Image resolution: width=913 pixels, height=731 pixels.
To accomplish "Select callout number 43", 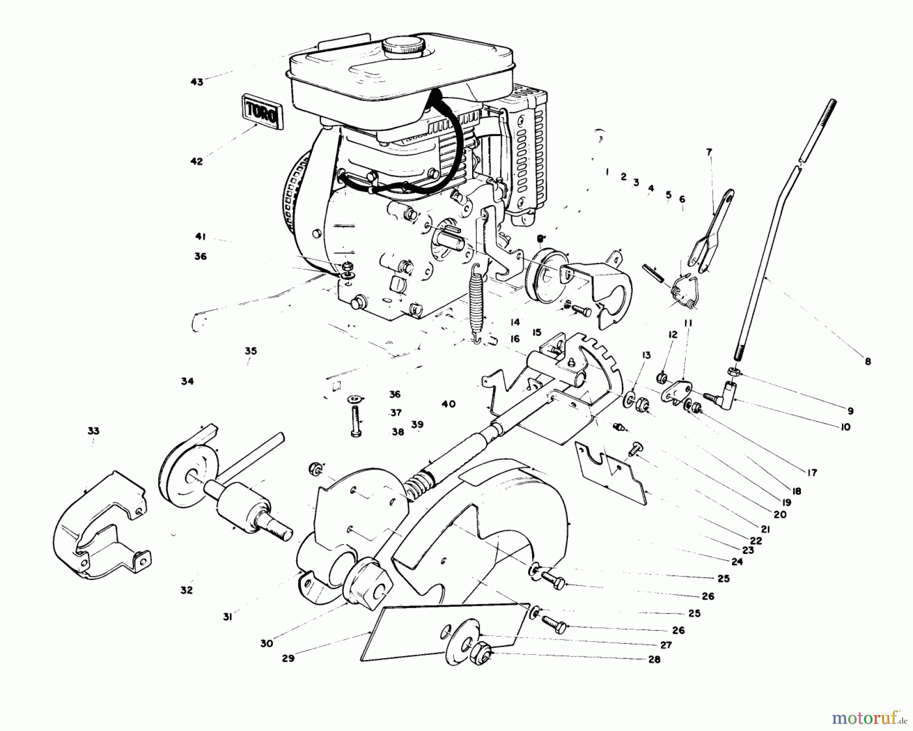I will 197,82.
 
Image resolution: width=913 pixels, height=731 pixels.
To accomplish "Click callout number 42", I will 197,161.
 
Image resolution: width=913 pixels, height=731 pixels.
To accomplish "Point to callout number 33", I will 93,431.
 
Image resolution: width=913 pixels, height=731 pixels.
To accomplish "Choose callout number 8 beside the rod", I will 868,362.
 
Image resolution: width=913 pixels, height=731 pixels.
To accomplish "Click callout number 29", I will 288,658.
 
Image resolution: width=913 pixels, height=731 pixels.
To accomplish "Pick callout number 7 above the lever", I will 709,151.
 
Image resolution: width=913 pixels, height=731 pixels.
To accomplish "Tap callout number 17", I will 812,472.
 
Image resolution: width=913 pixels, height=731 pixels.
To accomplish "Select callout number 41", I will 200,236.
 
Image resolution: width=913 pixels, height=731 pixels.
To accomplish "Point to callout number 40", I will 448,404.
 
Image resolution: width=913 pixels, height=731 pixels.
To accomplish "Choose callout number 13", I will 646,355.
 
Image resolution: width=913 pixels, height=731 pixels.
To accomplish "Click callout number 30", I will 267,643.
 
